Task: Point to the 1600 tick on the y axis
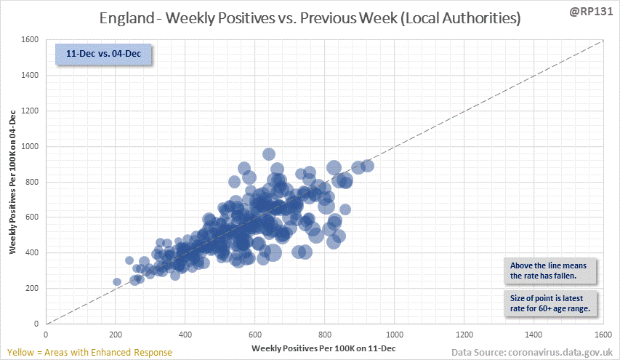pyautogui.click(x=30, y=40)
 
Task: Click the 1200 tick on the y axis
pyautogui.click(x=30, y=111)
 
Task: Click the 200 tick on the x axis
pyautogui.click(x=116, y=335)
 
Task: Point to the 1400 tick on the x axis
pyautogui.click(x=534, y=335)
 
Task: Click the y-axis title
pyautogui.click(x=14, y=181)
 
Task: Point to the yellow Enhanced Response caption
pyautogui.click(x=87, y=352)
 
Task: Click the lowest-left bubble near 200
pyautogui.click(x=117, y=281)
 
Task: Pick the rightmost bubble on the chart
pyautogui.click(x=368, y=166)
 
